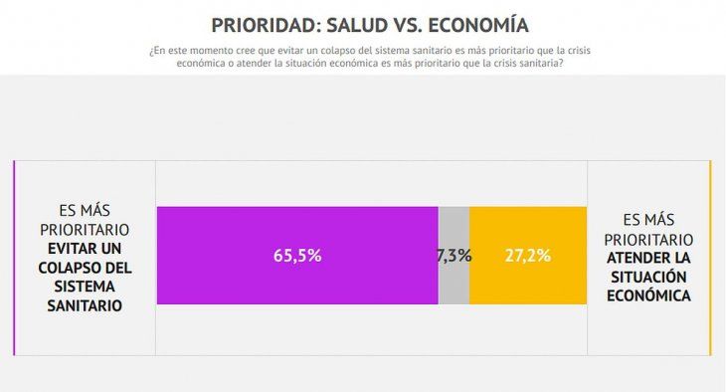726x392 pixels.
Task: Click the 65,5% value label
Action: tap(297, 256)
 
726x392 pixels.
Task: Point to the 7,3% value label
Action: tap(454, 256)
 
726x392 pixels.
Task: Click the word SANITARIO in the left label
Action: tap(86, 306)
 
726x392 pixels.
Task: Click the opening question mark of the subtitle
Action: tap(149, 50)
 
